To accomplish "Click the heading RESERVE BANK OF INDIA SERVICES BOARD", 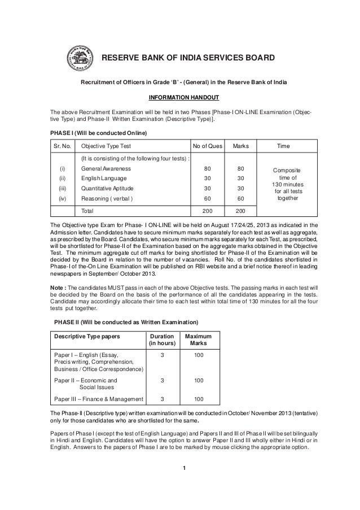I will click(x=187, y=59).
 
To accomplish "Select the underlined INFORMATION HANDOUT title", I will click(x=179, y=95).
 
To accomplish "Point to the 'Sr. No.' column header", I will click(x=63, y=146).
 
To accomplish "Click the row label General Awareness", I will click(x=107, y=168).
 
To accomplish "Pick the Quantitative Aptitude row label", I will click(x=109, y=189).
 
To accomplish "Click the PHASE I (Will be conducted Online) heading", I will click(x=99, y=133).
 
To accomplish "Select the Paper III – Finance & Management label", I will click(x=98, y=399).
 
